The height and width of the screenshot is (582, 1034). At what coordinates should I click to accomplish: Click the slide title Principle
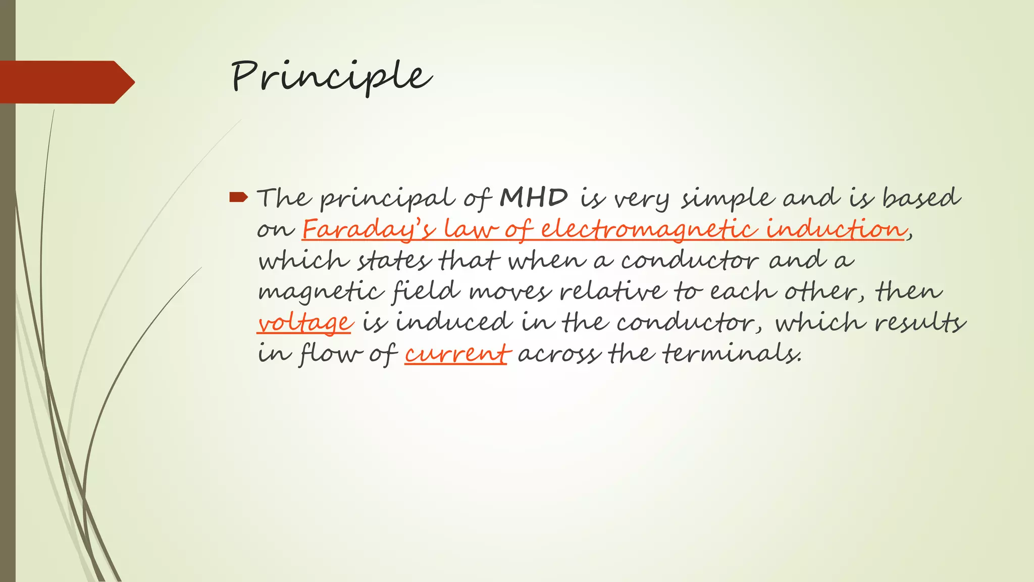(331, 77)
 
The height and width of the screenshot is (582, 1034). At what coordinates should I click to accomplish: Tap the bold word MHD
(534, 198)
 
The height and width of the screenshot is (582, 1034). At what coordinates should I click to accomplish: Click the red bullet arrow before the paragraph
(238, 197)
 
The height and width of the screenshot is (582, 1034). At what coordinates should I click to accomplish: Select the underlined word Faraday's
(369, 229)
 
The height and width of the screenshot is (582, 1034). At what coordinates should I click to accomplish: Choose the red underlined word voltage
(304, 322)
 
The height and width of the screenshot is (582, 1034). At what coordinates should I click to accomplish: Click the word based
(921, 198)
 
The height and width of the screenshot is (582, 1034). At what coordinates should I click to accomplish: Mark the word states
(395, 261)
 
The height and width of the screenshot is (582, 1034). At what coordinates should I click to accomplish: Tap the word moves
(510, 292)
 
